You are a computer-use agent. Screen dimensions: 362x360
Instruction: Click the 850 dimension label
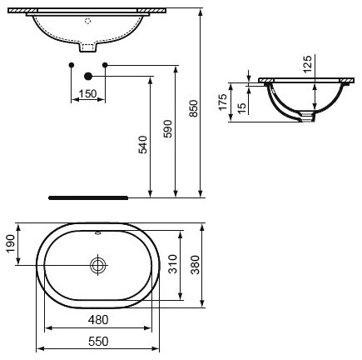[x=194, y=108]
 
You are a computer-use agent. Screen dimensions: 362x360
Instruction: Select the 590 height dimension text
[x=168, y=128]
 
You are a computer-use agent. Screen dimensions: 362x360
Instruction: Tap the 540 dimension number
[x=143, y=144]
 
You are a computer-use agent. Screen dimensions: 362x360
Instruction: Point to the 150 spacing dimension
[x=88, y=94]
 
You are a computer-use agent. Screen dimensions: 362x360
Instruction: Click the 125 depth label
[x=307, y=64]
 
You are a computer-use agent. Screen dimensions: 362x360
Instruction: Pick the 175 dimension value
[x=223, y=102]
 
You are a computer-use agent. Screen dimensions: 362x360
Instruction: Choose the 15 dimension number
[x=242, y=108]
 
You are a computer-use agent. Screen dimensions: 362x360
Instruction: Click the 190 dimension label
[x=10, y=243]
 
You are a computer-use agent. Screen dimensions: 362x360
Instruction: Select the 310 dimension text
[x=173, y=264]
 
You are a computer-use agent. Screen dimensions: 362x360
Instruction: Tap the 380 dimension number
[x=195, y=265]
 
